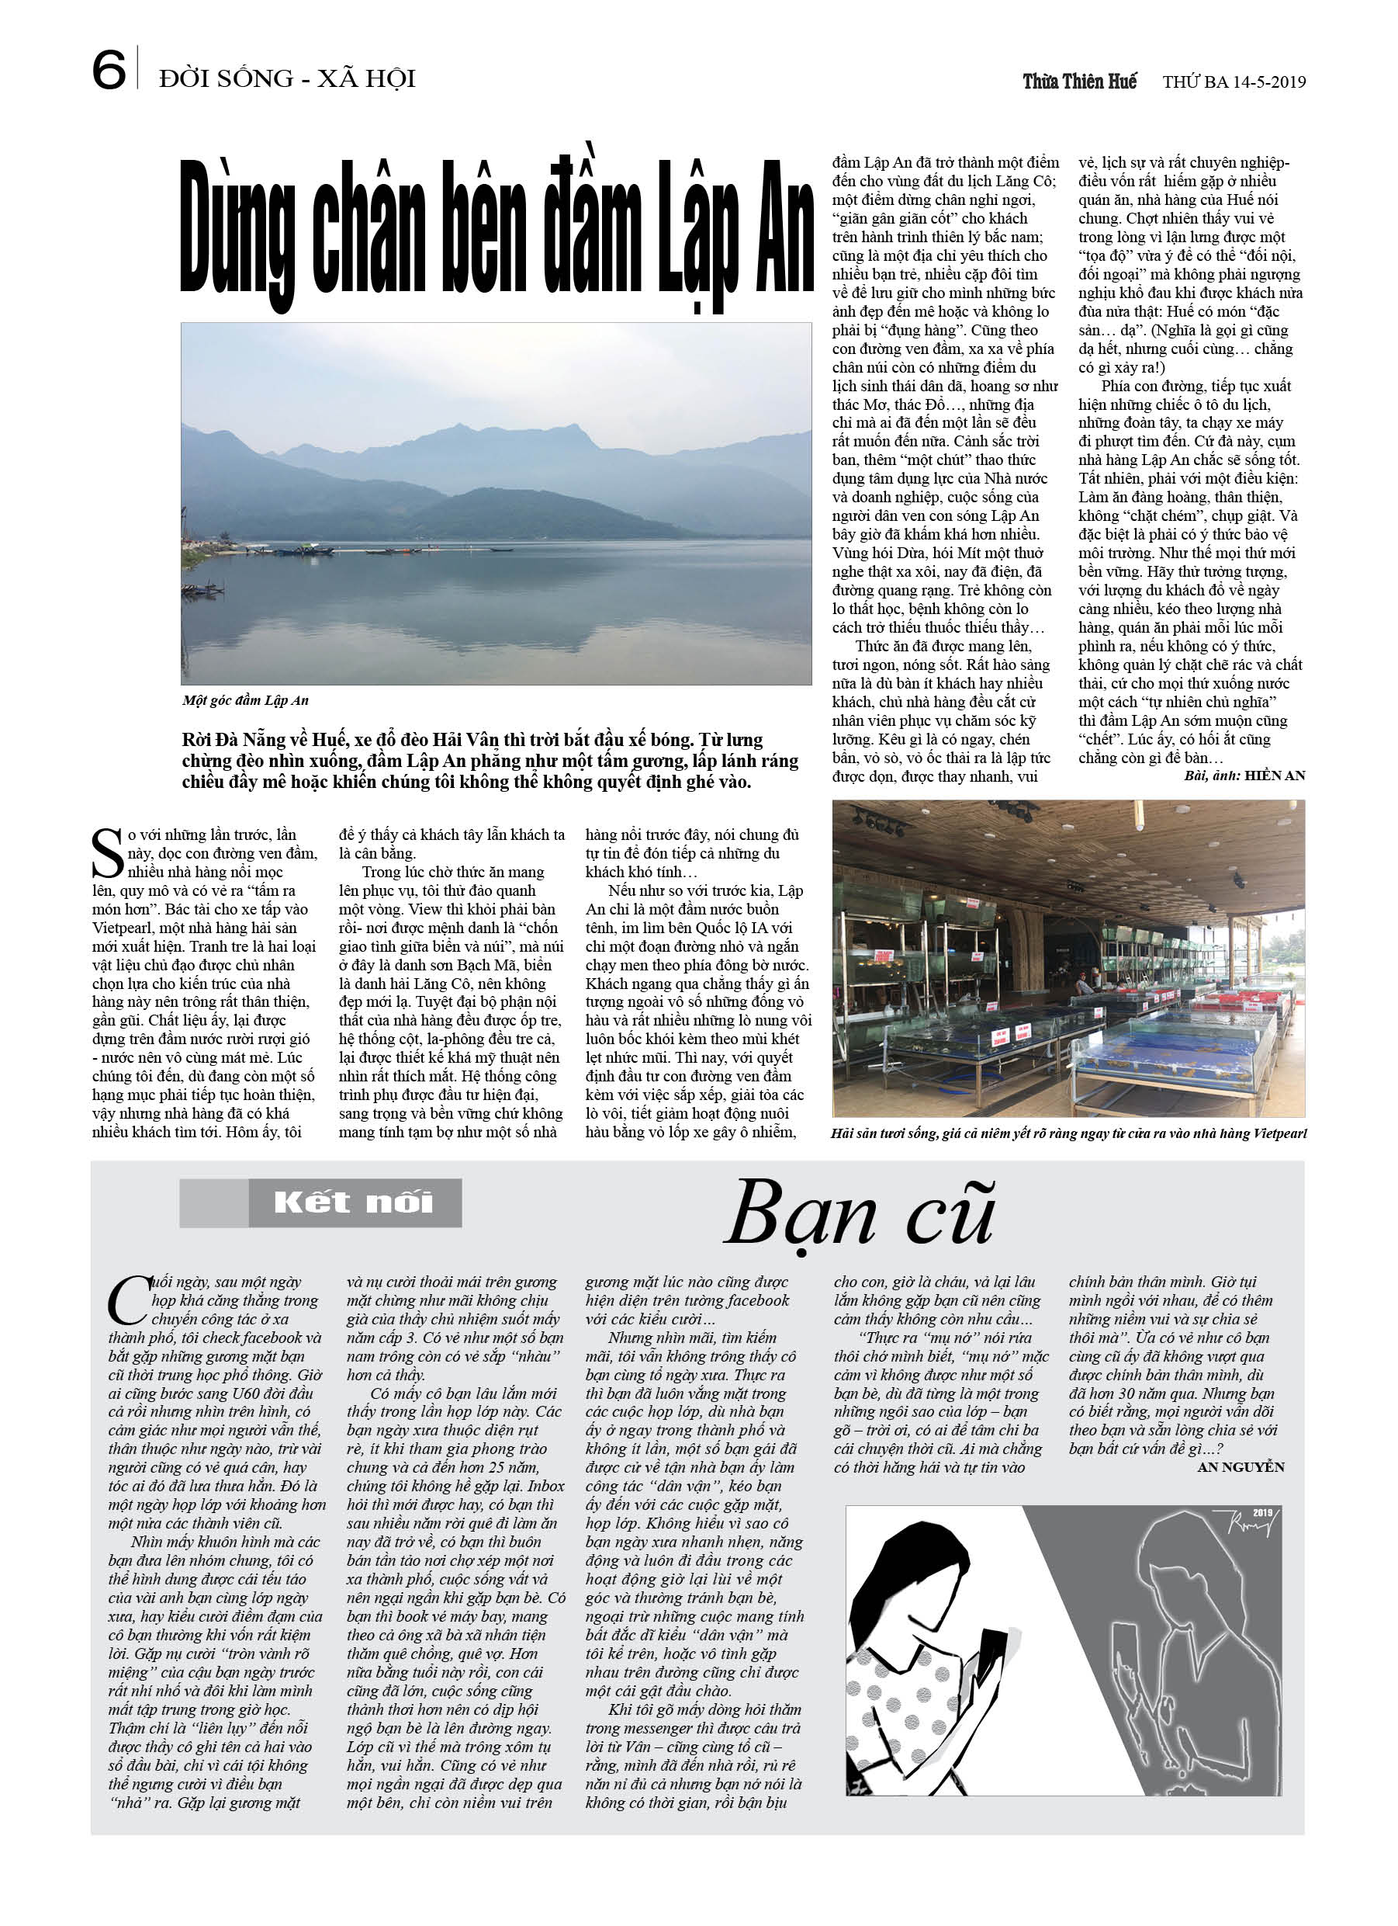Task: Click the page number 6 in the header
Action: coord(109,71)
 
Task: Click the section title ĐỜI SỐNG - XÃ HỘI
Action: coord(287,79)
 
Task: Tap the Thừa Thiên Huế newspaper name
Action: coord(1079,82)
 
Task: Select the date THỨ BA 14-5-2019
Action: coord(1234,82)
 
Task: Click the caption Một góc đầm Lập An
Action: coord(245,700)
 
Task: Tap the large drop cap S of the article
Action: coord(107,853)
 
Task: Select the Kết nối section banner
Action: coord(321,1202)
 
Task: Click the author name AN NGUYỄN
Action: coord(1240,1466)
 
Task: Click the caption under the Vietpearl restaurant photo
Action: coord(1068,1133)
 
